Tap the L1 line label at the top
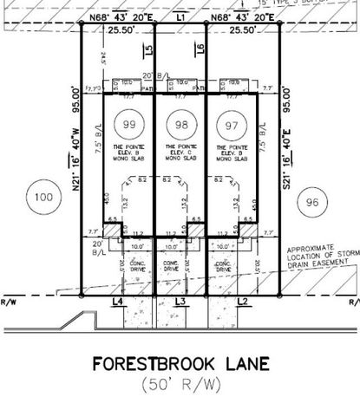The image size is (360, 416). pos(180,17)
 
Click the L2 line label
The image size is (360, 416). pos(244,301)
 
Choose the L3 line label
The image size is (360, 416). pos(180,301)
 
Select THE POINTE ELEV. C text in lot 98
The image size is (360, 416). pos(180,154)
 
